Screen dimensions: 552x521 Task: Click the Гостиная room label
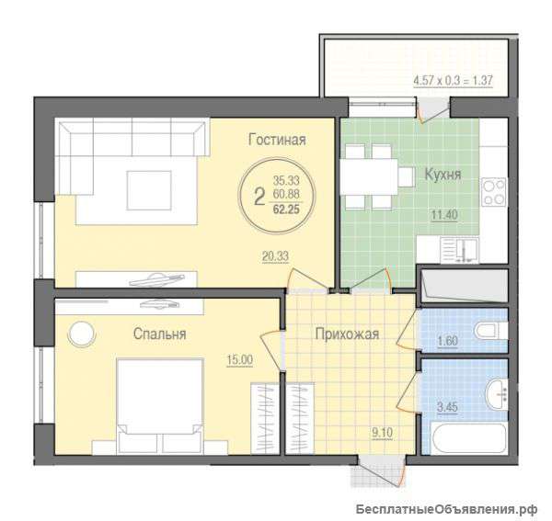(x=277, y=140)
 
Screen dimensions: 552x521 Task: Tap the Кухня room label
(x=443, y=175)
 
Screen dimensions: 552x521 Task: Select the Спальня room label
(x=159, y=334)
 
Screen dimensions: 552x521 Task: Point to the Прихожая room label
(x=347, y=334)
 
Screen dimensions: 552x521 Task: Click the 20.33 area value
(x=275, y=256)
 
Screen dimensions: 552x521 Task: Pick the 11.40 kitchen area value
(x=444, y=214)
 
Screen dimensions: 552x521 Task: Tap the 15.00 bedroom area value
(x=240, y=359)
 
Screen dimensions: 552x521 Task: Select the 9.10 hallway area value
(x=383, y=433)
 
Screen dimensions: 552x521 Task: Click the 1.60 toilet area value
(x=447, y=341)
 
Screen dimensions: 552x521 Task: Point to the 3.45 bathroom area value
(x=447, y=407)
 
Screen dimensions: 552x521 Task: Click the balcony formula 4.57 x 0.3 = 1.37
(x=453, y=80)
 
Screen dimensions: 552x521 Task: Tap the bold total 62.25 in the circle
(x=286, y=210)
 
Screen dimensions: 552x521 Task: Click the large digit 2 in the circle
(x=259, y=197)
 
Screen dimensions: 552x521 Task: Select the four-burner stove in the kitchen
(x=494, y=192)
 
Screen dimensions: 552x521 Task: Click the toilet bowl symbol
(x=489, y=331)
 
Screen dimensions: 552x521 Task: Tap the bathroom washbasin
(x=497, y=394)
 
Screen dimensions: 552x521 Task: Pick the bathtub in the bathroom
(x=469, y=439)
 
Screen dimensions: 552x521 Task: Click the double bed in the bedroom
(x=160, y=405)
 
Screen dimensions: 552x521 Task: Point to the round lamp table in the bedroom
(x=82, y=334)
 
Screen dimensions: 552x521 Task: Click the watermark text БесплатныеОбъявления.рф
(x=446, y=509)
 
